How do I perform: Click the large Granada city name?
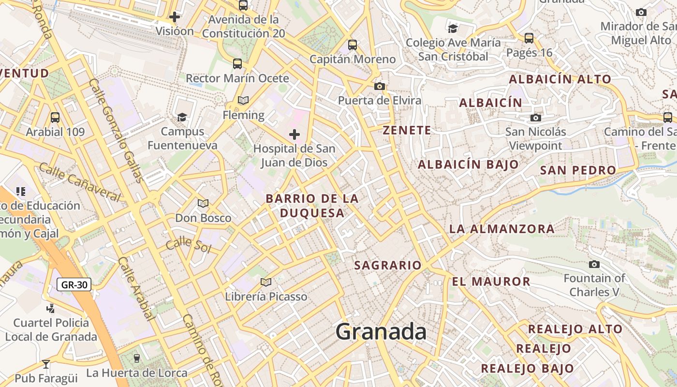(381, 332)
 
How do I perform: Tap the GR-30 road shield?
(74, 285)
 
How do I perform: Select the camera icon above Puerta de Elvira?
(380, 86)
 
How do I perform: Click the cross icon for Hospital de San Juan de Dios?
(294, 134)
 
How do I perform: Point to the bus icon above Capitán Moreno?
(353, 45)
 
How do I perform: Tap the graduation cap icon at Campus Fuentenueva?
(182, 117)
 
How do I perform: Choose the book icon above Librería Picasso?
(265, 282)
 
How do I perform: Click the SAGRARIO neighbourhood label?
(388, 265)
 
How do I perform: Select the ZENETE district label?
(407, 130)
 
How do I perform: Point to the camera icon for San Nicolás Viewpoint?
(535, 118)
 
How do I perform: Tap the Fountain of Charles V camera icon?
(594, 264)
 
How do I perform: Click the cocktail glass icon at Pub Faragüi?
(46, 364)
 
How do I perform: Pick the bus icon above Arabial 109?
(55, 117)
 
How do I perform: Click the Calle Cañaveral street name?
(79, 182)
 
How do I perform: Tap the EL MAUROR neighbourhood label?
(491, 282)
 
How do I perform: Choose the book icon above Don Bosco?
(203, 204)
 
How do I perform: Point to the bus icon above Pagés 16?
(529, 38)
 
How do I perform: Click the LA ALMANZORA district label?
(502, 229)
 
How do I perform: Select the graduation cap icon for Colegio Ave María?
(453, 28)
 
